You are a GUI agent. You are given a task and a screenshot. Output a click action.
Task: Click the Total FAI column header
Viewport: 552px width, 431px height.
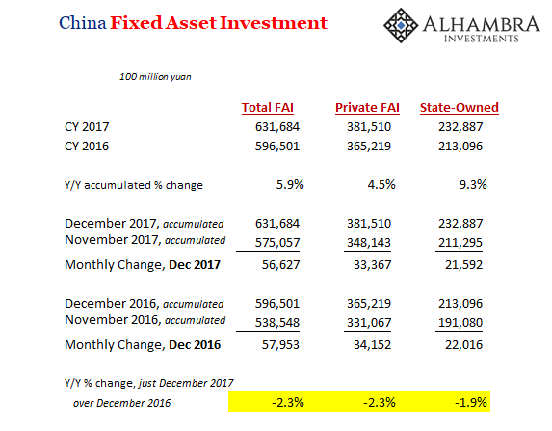(268, 107)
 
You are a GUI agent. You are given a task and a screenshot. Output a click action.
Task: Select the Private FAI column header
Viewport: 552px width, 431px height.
(367, 107)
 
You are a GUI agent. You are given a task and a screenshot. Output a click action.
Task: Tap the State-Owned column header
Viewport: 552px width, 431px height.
(460, 107)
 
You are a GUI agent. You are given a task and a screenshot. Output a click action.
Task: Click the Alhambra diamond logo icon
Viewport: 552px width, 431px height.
(401, 25)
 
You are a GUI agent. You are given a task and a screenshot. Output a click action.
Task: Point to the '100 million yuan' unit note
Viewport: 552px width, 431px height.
(155, 77)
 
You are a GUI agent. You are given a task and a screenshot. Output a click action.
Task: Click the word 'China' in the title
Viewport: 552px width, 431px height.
(83, 23)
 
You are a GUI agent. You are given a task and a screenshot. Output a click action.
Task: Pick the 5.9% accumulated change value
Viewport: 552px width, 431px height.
(290, 185)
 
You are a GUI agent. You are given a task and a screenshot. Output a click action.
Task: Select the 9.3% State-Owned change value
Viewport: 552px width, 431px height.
(473, 185)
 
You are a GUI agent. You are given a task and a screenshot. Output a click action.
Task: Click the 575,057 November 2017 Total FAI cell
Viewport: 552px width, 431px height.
(277, 242)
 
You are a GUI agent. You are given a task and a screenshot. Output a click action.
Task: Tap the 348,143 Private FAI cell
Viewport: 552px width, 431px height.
(369, 242)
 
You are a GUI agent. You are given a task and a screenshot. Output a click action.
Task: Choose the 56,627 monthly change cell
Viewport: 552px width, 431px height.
(280, 264)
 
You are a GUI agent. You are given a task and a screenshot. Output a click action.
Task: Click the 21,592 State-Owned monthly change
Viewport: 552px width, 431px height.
(463, 264)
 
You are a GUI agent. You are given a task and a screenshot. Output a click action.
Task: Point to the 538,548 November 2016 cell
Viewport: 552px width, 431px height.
(277, 322)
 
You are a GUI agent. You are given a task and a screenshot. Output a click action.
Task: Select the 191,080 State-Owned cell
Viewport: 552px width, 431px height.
(460, 322)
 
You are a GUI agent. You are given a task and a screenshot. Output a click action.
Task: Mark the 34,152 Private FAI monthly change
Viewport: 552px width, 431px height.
(372, 344)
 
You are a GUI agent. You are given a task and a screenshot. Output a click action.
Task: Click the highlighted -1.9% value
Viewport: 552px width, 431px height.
(471, 402)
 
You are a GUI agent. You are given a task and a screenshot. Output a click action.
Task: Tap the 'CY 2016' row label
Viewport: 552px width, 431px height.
(87, 146)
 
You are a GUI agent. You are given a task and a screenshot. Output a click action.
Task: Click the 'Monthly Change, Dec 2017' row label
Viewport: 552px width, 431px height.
(143, 264)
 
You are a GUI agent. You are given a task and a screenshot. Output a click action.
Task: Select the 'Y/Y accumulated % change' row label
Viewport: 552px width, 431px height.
(134, 185)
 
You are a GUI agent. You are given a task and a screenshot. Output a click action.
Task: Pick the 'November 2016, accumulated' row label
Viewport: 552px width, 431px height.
(145, 320)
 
